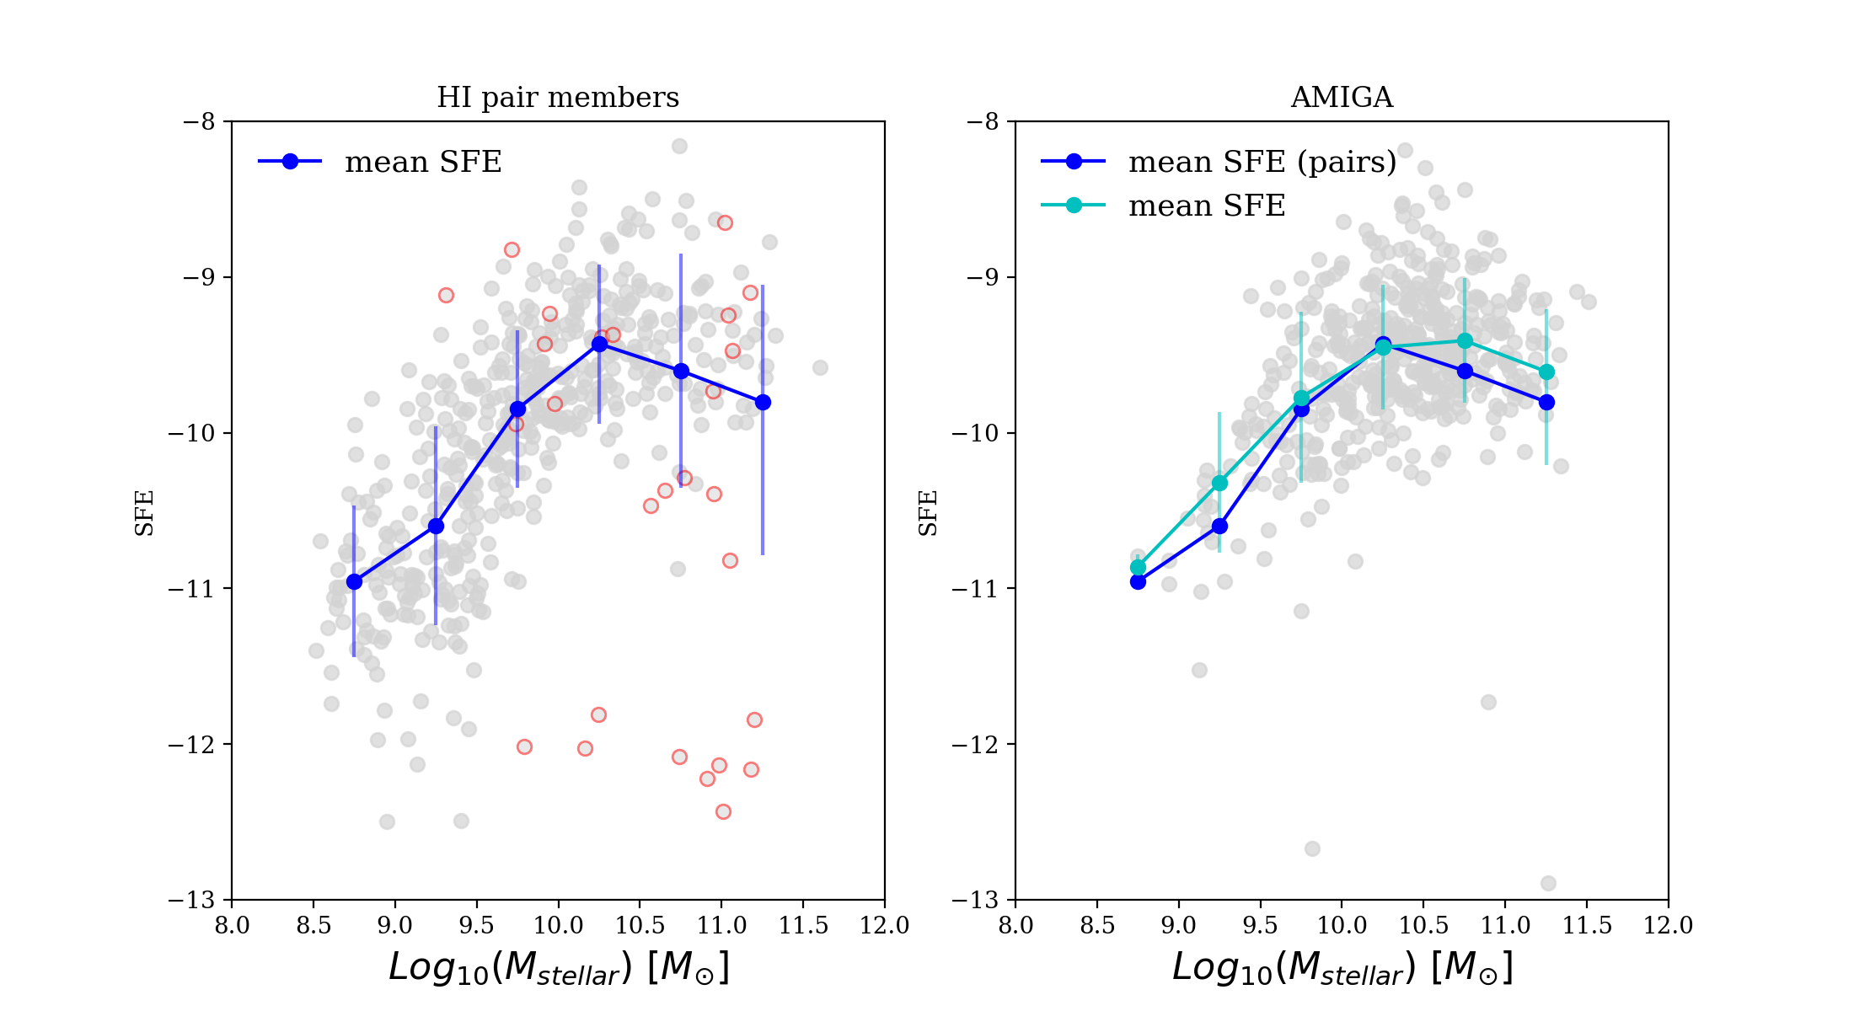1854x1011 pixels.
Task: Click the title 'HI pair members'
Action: click(557, 98)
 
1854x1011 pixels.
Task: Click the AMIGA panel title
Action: click(1342, 98)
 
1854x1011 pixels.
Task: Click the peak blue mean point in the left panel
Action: click(599, 344)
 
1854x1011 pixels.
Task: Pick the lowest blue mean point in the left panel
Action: click(354, 581)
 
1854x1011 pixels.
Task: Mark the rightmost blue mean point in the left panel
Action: click(763, 403)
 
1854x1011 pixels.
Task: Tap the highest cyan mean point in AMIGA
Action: click(1465, 340)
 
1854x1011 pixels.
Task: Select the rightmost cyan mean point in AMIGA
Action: click(1546, 372)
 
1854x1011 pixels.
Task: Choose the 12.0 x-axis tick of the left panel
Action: click(885, 926)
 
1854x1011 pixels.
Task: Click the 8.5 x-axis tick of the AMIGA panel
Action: click(1097, 926)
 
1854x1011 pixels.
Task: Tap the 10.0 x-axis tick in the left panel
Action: click(558, 926)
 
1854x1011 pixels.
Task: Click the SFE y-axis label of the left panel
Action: click(145, 512)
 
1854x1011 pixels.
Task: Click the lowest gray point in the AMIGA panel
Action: click(1548, 883)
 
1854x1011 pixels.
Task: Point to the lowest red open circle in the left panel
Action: click(723, 811)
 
